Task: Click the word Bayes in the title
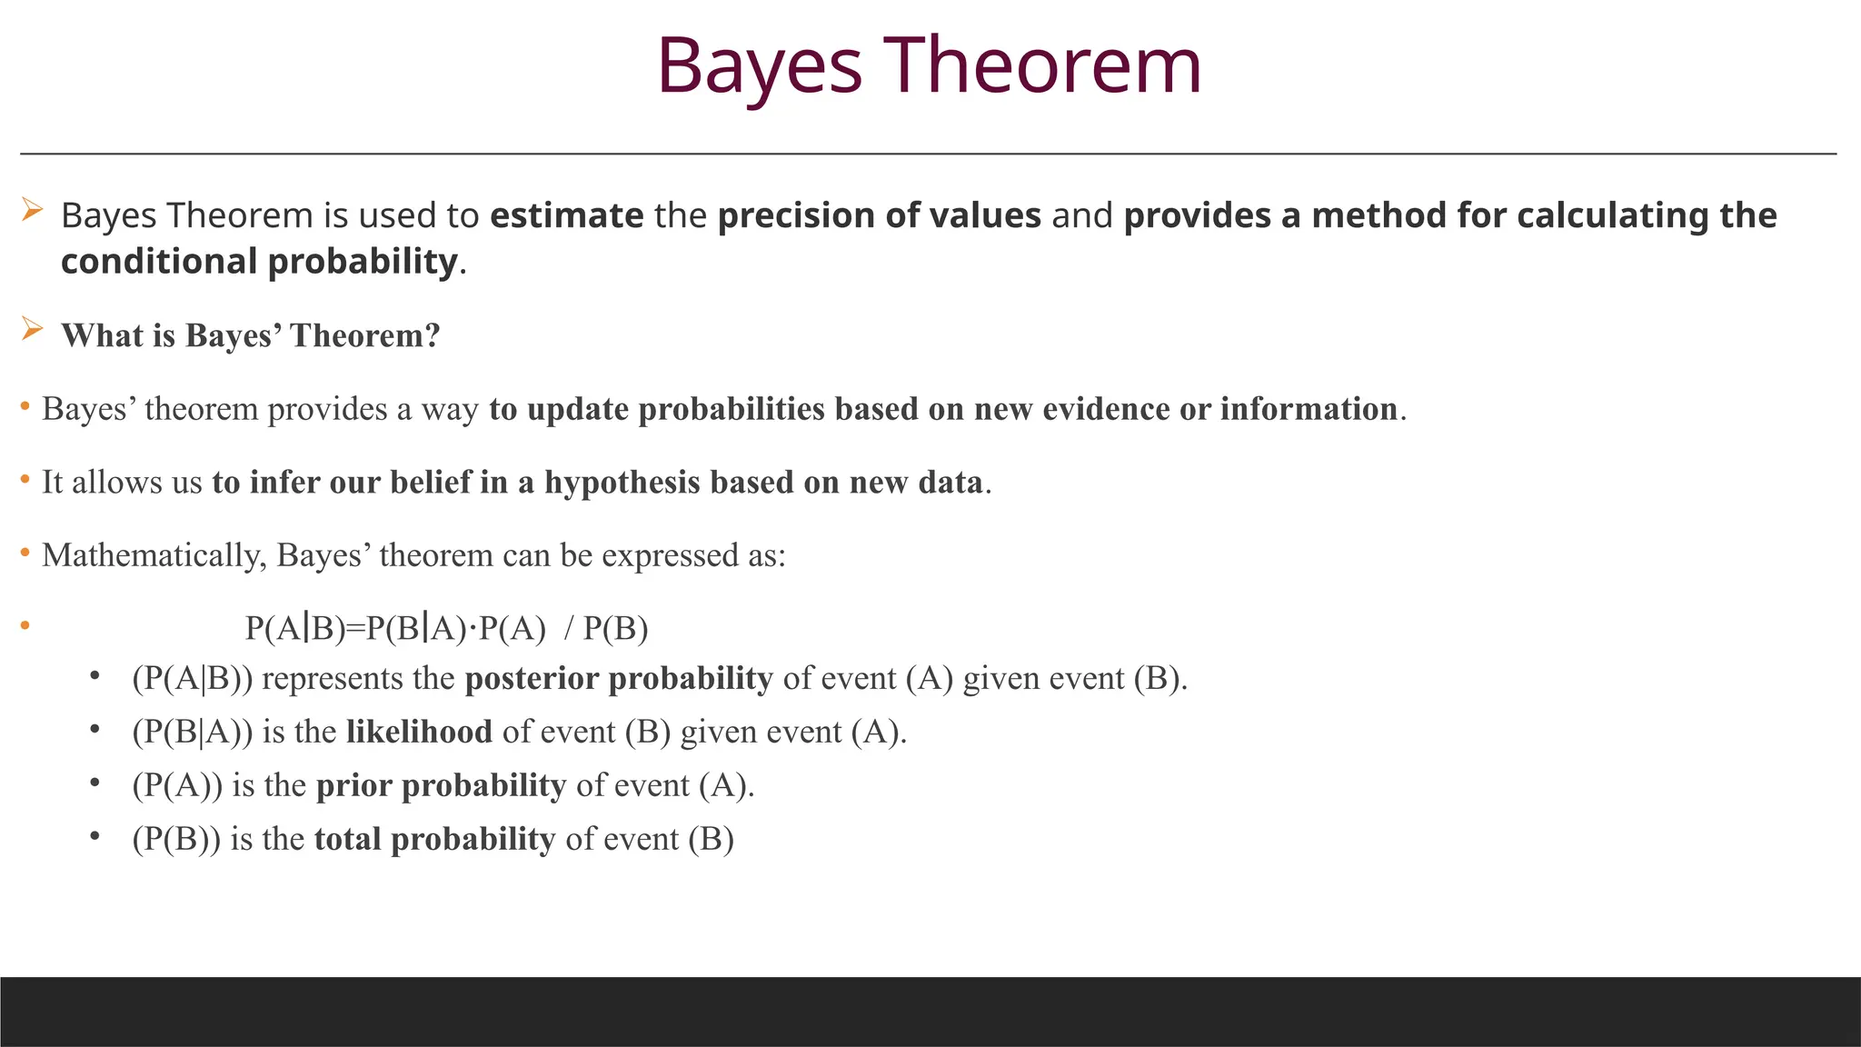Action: tap(759, 66)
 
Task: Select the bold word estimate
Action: tap(566, 216)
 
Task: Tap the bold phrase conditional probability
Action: tap(259, 262)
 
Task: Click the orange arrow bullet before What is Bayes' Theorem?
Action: tap(32, 329)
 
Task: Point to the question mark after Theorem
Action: tap(433, 335)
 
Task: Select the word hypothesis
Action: tap(622, 483)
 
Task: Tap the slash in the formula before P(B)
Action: tap(569, 628)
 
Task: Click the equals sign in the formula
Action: tap(355, 628)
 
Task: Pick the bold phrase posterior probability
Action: tap(618, 679)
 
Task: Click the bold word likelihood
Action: tap(419, 732)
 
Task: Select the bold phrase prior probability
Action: tap(441, 785)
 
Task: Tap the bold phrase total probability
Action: tap(434, 839)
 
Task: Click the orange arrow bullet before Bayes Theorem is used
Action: tap(32, 211)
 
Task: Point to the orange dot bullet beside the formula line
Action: tap(25, 625)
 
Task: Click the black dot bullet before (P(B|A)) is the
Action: tap(94, 730)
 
